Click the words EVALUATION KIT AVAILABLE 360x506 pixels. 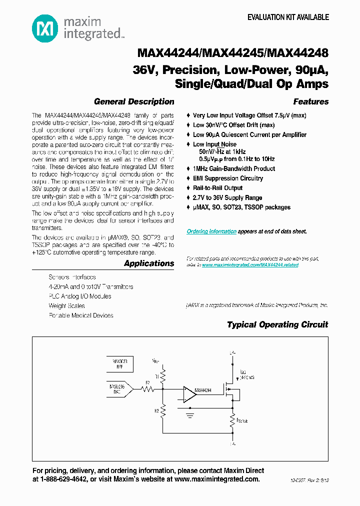288,17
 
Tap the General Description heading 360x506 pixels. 134,101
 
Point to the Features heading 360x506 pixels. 310,101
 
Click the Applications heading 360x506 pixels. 149,263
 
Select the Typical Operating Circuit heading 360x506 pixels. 277,324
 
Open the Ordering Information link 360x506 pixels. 211,231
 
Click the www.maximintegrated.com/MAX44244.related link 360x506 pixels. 250,265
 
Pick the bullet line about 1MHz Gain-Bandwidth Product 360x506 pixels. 234,169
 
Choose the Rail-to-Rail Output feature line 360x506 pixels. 217,188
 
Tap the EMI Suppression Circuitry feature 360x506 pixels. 227,178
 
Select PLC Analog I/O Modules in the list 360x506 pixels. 80,296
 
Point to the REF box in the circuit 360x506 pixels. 119,363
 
